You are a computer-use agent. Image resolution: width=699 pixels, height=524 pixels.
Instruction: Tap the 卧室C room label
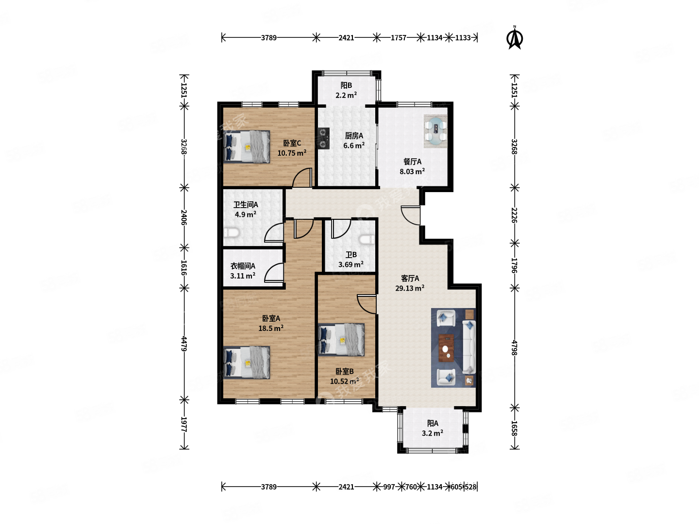(x=292, y=143)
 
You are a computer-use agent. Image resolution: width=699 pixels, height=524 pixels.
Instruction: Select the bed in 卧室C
(x=247, y=147)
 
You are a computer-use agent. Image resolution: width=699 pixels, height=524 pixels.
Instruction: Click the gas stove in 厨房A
(x=323, y=138)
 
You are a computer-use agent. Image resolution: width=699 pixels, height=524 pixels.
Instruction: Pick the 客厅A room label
(x=410, y=278)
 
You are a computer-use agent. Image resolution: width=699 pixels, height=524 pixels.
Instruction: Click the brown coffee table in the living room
(x=446, y=348)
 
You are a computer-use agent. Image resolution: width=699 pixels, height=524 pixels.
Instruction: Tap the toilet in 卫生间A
(x=232, y=234)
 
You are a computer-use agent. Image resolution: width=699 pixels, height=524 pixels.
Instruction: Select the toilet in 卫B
(x=367, y=240)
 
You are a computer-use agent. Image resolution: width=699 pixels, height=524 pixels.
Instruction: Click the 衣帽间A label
(x=243, y=266)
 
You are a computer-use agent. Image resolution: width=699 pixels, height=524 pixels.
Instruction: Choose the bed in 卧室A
(x=247, y=362)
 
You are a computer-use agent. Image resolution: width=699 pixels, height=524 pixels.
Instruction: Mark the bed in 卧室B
(x=342, y=340)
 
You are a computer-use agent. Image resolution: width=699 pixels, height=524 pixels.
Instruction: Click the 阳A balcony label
(x=433, y=423)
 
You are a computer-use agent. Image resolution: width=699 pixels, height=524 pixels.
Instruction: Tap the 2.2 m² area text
(x=346, y=96)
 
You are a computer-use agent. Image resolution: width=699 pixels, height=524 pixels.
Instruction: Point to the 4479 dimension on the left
(x=184, y=344)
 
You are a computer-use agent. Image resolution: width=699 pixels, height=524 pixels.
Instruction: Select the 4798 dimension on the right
(x=515, y=347)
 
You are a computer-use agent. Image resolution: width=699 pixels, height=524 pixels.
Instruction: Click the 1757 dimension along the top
(x=398, y=37)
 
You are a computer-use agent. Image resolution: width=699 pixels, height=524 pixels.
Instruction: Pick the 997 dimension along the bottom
(x=389, y=487)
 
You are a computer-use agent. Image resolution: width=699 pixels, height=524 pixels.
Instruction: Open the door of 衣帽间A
(x=275, y=273)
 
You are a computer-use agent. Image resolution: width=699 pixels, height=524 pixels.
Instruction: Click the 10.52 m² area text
(x=345, y=381)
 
